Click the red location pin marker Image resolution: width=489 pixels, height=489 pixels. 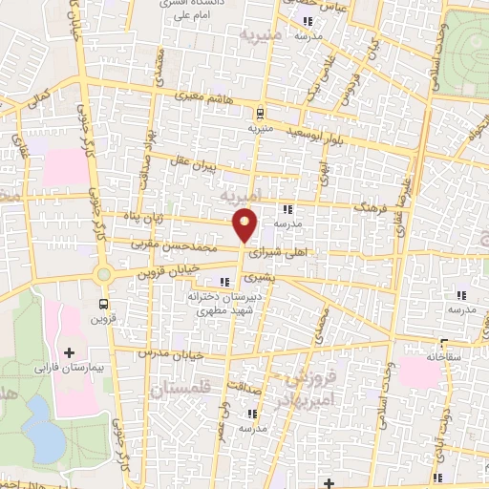pyautogui.click(x=245, y=224)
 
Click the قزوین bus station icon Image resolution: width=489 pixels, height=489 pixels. pyautogui.click(x=102, y=304)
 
